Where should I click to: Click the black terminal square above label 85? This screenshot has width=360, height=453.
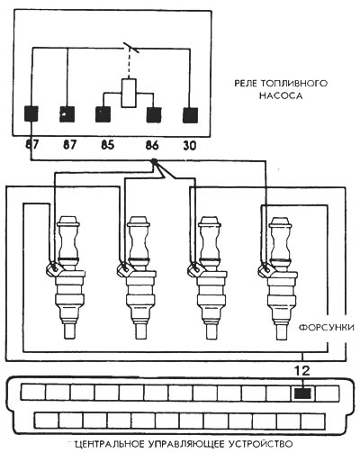(x=103, y=114)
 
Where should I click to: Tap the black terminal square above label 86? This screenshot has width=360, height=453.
(x=154, y=114)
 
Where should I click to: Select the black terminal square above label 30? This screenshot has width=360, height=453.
(x=191, y=115)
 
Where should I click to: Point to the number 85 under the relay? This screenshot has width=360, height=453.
(x=108, y=145)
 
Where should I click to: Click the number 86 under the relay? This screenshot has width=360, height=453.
(x=152, y=146)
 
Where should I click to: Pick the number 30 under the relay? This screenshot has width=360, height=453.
(x=190, y=146)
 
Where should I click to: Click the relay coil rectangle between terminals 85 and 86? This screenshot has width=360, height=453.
(x=129, y=93)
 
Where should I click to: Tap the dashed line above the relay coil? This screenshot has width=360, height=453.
(x=129, y=64)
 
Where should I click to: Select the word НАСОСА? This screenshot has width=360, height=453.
(x=281, y=95)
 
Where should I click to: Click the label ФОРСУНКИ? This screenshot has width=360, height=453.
(x=327, y=327)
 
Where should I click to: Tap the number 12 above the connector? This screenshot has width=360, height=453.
(x=302, y=371)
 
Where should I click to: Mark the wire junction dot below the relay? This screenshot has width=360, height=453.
(x=154, y=162)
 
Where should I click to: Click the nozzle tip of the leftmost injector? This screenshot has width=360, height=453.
(x=70, y=331)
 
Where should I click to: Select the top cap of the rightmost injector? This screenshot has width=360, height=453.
(x=280, y=222)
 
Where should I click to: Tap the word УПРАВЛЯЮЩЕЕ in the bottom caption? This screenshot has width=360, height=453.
(x=186, y=444)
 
